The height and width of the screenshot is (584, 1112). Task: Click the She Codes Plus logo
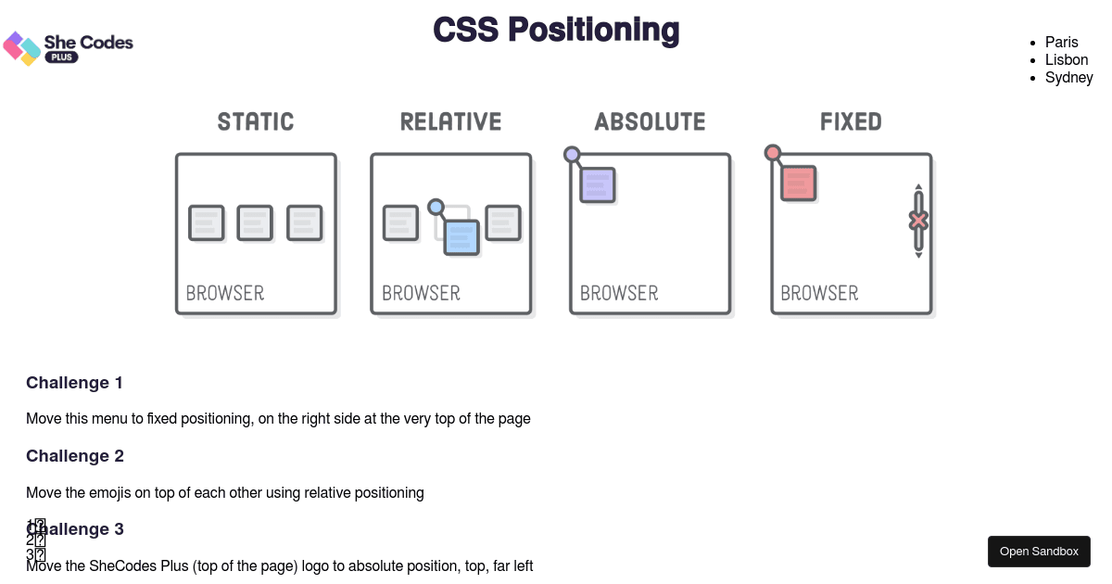(x=68, y=47)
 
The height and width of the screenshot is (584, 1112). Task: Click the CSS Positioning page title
(x=556, y=30)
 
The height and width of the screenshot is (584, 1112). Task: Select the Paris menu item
(x=1061, y=42)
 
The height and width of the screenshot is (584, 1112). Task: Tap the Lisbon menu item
(x=1066, y=59)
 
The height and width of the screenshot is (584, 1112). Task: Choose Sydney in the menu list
(x=1068, y=77)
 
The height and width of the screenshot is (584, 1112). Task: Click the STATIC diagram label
(x=256, y=121)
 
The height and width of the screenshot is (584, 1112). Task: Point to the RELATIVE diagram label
(x=450, y=121)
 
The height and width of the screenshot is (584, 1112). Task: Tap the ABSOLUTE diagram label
(x=650, y=121)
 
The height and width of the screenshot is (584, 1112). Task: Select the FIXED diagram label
(x=851, y=121)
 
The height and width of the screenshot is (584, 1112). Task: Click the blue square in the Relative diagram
(x=461, y=237)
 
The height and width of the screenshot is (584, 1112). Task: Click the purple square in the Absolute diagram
(x=598, y=184)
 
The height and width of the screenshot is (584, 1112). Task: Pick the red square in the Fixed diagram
(x=798, y=184)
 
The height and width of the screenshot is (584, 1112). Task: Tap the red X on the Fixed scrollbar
(x=918, y=221)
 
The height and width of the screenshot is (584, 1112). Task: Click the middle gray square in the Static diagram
(x=255, y=222)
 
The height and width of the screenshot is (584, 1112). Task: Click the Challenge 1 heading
(x=74, y=383)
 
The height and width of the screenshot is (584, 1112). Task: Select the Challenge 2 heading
(x=74, y=456)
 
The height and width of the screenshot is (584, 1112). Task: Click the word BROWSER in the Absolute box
(x=619, y=293)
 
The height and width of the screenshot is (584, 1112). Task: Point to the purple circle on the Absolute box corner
(x=572, y=155)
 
